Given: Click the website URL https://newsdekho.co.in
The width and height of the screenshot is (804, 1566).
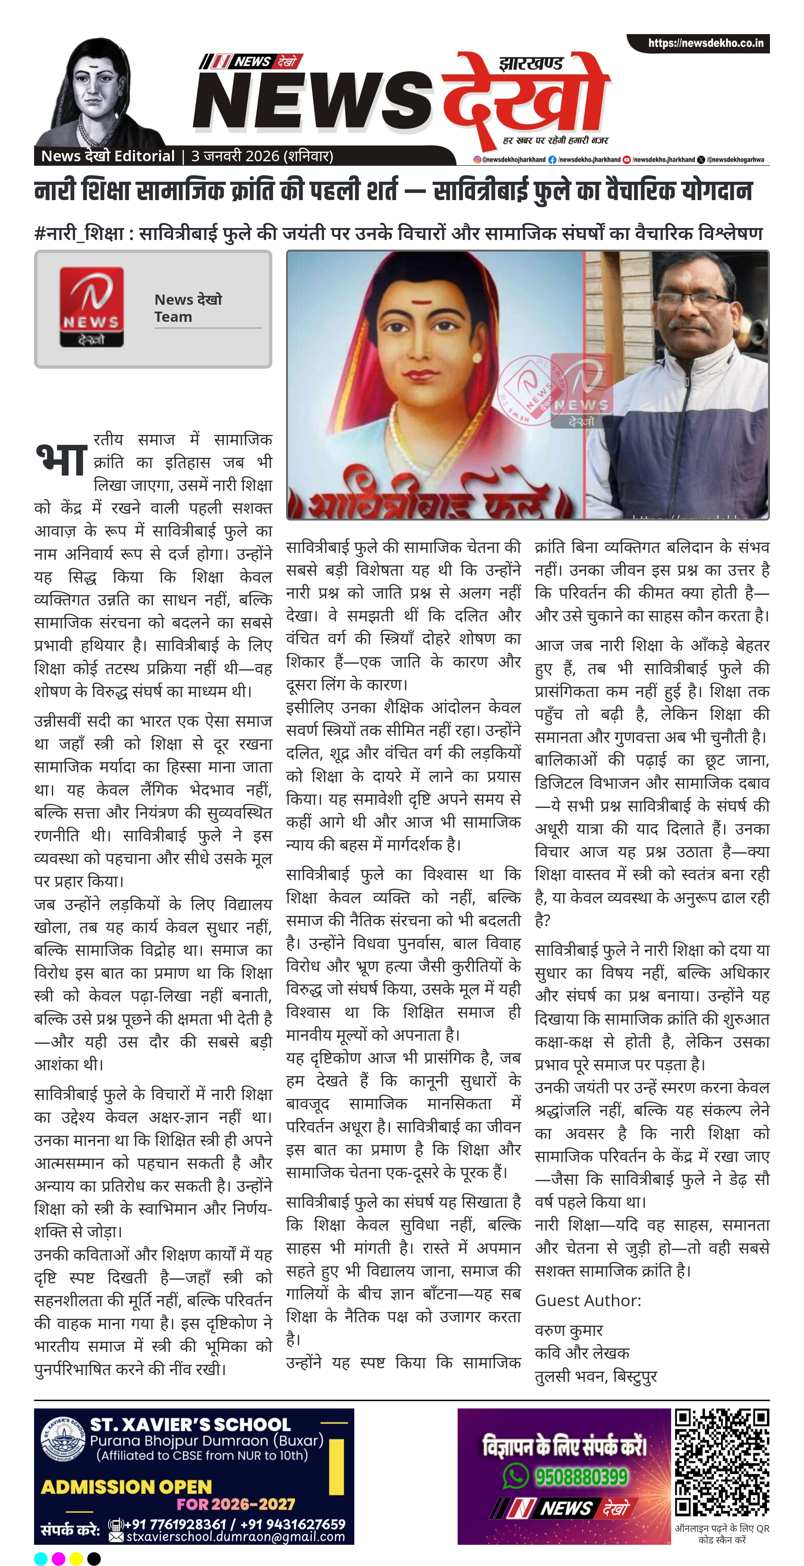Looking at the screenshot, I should point(705,43).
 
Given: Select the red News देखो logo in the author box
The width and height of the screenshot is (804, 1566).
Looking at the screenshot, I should point(91,307).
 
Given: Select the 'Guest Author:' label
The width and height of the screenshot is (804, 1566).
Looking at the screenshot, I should point(588,1300).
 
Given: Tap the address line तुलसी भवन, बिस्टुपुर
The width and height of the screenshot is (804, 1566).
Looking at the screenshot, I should point(596,1376).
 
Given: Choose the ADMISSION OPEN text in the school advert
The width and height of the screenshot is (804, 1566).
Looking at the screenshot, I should point(126,1487).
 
